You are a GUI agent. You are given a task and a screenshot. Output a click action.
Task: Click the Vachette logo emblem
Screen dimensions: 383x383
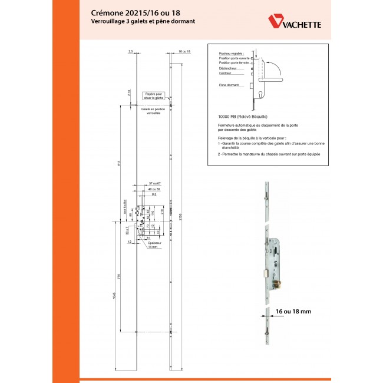click(x=276, y=21)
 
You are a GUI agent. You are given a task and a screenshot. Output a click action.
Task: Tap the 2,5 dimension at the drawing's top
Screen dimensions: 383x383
click(x=130, y=52)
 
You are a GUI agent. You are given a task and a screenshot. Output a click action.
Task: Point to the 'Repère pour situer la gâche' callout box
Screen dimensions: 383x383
click(x=154, y=95)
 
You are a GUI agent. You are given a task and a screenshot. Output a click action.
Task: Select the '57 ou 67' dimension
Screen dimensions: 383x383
click(x=155, y=184)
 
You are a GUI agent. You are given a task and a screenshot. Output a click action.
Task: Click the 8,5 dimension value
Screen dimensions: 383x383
click(x=154, y=194)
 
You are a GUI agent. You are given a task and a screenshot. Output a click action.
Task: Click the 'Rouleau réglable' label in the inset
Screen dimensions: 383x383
click(x=230, y=54)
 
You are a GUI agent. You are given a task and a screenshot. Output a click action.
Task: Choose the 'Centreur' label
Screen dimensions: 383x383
click(x=224, y=74)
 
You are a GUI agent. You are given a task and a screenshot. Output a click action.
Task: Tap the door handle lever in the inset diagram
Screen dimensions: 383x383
click(x=272, y=78)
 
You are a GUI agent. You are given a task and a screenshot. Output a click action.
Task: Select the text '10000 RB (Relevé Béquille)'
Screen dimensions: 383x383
click(x=243, y=117)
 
